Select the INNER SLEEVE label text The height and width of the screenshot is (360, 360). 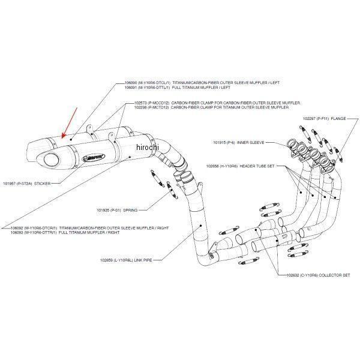251,142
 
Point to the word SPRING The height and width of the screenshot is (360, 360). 130,210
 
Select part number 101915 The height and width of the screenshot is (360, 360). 220,142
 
